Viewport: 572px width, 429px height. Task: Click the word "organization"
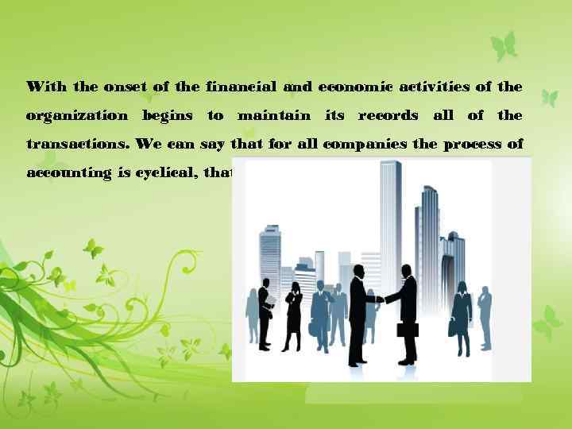tap(76, 116)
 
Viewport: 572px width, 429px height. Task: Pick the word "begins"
tap(167, 116)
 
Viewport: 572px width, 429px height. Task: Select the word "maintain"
tap(274, 116)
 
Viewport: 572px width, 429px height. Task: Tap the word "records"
tap(388, 116)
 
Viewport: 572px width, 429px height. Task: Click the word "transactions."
tap(78, 145)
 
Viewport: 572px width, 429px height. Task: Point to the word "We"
tap(146, 145)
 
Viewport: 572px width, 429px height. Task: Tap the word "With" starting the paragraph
tap(46, 86)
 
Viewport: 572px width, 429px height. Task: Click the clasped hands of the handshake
tap(380, 300)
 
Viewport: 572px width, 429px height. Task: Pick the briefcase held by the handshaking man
tap(408, 330)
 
